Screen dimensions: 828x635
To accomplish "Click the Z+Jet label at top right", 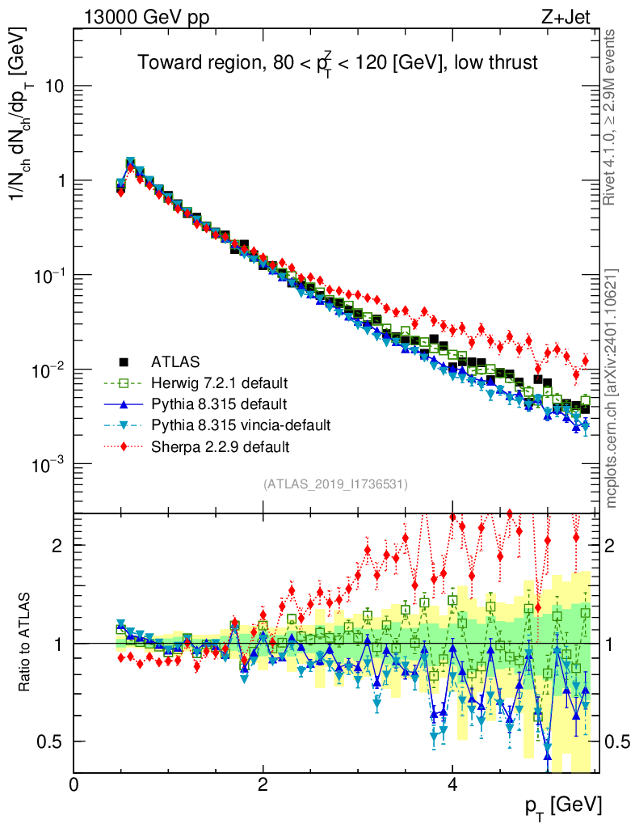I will [571, 18].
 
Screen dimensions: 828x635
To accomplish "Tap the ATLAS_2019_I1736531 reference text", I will [335, 484].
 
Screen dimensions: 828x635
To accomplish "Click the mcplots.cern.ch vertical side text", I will [612, 388].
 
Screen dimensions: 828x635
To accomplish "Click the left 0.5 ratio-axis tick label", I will [50, 741].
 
